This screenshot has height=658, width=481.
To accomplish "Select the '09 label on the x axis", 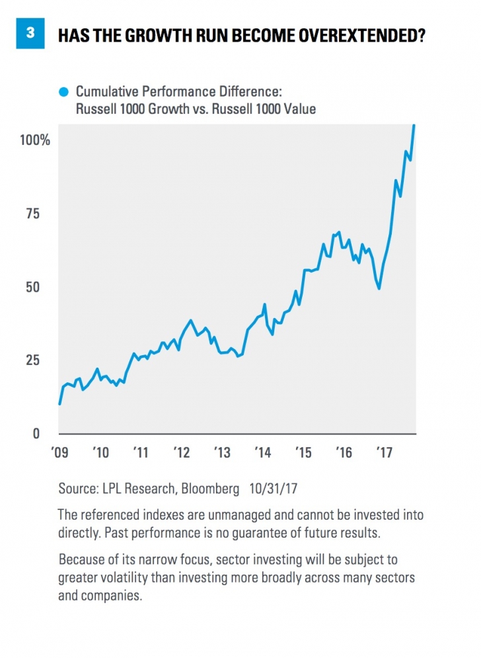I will (59, 453).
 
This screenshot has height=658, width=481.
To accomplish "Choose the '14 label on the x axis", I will (262, 453).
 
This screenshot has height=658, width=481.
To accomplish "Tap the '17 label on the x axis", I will (384, 453).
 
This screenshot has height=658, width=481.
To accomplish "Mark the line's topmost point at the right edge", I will (414, 125).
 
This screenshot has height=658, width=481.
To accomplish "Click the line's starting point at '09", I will (60, 403).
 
